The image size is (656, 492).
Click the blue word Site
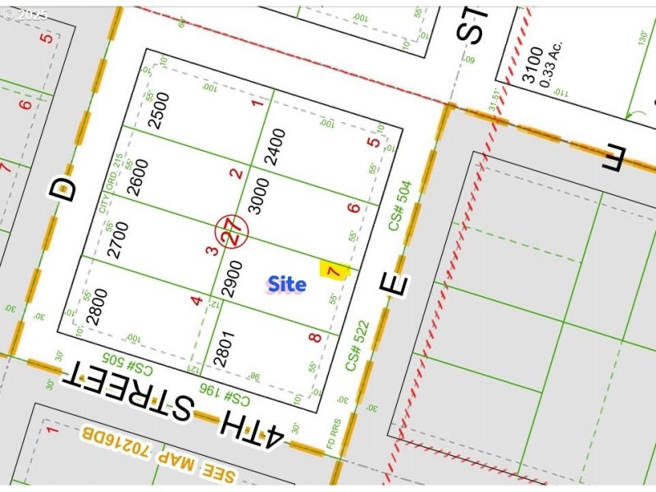coord(286,285)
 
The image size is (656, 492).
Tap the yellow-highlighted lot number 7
coord(333,271)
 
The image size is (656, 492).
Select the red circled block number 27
coord(232,233)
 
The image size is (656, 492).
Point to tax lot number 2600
coord(139,175)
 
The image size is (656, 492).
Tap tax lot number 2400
coord(277,147)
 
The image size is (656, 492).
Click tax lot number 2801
coord(223,347)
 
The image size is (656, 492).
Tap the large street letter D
coord(63,189)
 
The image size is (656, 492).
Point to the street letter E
coord(394,285)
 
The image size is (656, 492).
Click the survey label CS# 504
coord(399,206)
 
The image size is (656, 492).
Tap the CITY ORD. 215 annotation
coord(106,188)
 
